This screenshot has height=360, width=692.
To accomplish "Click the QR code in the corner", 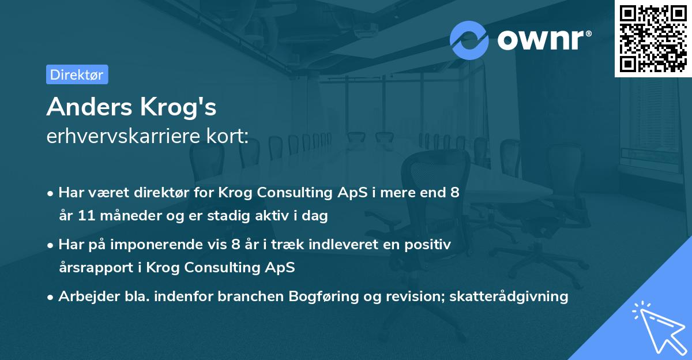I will pyautogui.click(x=653, y=38).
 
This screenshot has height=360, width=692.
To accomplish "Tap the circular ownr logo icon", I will pyautogui.click(x=469, y=39).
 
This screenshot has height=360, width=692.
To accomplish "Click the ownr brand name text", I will pyautogui.click(x=544, y=39).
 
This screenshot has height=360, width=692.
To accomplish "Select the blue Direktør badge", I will pyautogui.click(x=77, y=74).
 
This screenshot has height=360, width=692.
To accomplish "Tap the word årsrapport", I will pyautogui.click(x=94, y=268).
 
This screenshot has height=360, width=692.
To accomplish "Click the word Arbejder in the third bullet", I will pyautogui.click(x=84, y=297).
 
